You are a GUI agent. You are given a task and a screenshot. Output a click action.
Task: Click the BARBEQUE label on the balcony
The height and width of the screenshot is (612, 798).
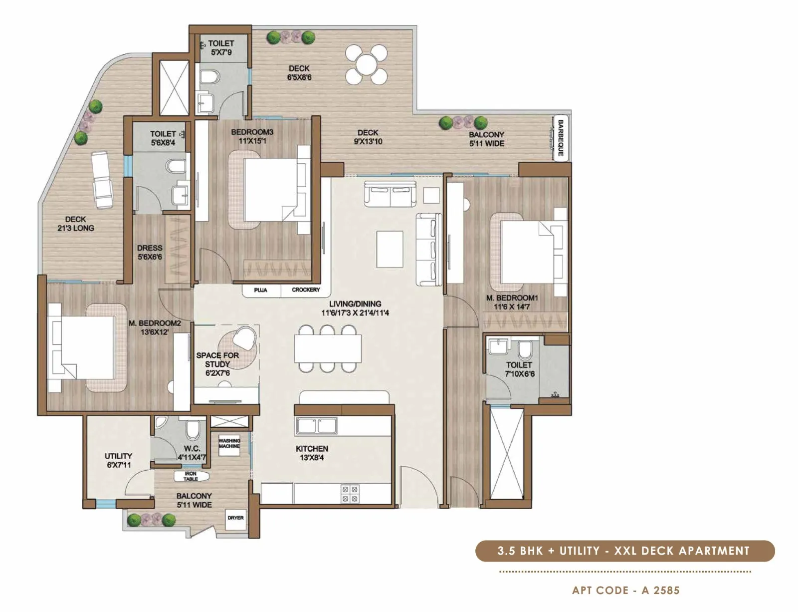[561, 138]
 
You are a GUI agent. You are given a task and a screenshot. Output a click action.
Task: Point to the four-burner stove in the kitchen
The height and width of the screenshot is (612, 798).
[350, 494]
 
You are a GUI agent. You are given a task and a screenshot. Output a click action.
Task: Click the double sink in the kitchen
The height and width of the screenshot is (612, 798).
[316, 426]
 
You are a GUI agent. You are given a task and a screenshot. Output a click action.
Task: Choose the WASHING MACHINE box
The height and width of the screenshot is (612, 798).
[229, 443]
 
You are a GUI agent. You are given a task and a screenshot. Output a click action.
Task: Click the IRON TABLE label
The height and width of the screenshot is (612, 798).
[191, 476]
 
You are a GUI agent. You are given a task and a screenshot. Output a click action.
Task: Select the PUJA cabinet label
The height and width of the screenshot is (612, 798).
[260, 290]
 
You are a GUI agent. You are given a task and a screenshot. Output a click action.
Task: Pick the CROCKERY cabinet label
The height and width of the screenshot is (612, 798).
[306, 290]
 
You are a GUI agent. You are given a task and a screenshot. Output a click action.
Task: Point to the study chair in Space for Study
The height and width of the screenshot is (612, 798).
[245, 337]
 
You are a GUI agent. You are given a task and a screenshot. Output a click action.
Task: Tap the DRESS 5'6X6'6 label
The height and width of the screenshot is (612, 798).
[150, 252]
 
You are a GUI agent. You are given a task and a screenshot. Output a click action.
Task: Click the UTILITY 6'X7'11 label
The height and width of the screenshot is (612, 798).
[118, 460]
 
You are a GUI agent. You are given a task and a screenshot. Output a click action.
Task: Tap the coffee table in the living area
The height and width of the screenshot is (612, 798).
[390, 249]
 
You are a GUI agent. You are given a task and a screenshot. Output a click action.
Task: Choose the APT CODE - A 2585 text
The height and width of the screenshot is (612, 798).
[625, 591]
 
